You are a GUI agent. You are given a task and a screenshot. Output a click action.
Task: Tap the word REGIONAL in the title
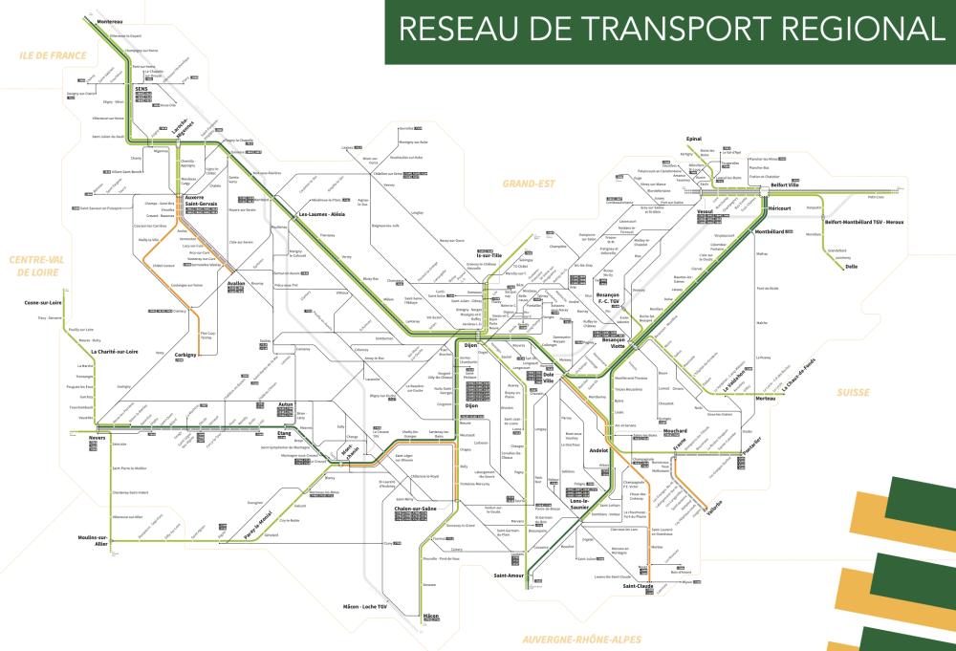tap(853, 30)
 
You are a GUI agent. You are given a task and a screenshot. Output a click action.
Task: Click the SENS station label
tap(141, 89)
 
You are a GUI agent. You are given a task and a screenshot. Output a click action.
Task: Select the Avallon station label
tap(236, 284)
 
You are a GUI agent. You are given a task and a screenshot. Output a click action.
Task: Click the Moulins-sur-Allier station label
tap(94, 541)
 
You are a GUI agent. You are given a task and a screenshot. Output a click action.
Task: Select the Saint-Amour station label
tap(508, 575)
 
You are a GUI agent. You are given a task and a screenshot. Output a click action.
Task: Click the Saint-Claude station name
tap(637, 586)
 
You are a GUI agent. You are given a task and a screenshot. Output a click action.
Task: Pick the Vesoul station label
tap(706, 208)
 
